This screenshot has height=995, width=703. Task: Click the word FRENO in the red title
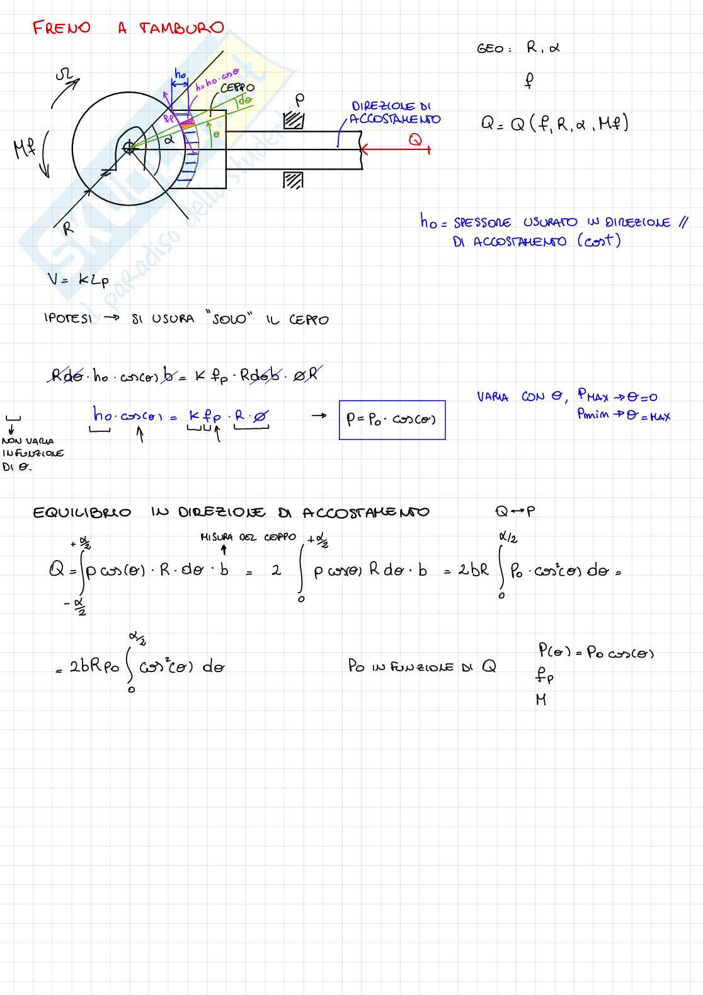click(62, 28)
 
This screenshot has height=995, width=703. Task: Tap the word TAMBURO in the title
click(181, 28)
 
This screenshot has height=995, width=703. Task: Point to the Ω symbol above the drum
click(64, 76)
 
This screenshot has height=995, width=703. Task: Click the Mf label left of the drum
click(25, 149)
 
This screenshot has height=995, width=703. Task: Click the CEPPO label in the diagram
click(237, 88)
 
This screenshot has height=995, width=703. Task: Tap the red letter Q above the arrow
click(415, 140)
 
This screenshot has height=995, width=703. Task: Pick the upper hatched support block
click(294, 120)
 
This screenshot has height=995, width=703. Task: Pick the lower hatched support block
click(294, 180)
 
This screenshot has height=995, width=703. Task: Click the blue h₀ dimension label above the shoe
click(180, 75)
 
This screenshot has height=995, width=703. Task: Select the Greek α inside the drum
click(169, 141)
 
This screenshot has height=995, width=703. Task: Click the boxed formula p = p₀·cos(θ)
click(392, 420)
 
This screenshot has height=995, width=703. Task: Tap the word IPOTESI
click(68, 318)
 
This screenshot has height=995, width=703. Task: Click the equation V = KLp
click(78, 280)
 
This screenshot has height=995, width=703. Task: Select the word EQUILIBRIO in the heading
click(82, 513)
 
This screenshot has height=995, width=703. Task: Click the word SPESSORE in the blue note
click(482, 223)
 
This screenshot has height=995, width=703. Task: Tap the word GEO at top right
click(490, 49)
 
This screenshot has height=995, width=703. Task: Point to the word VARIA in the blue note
click(492, 397)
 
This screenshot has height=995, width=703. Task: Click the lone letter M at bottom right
click(540, 699)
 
